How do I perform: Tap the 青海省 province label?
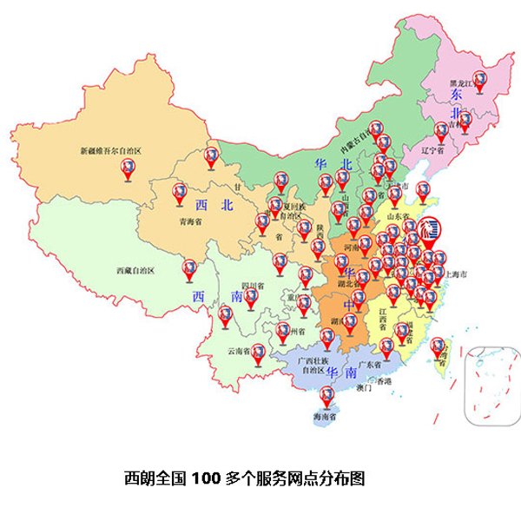click(190, 221)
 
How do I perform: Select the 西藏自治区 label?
click(135, 271)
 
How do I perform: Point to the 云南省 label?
click(239, 351)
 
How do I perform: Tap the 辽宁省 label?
click(432, 149)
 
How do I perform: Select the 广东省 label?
click(371, 364)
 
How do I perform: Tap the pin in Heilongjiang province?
click(478, 81)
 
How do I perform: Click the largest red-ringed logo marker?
click(429, 229)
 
